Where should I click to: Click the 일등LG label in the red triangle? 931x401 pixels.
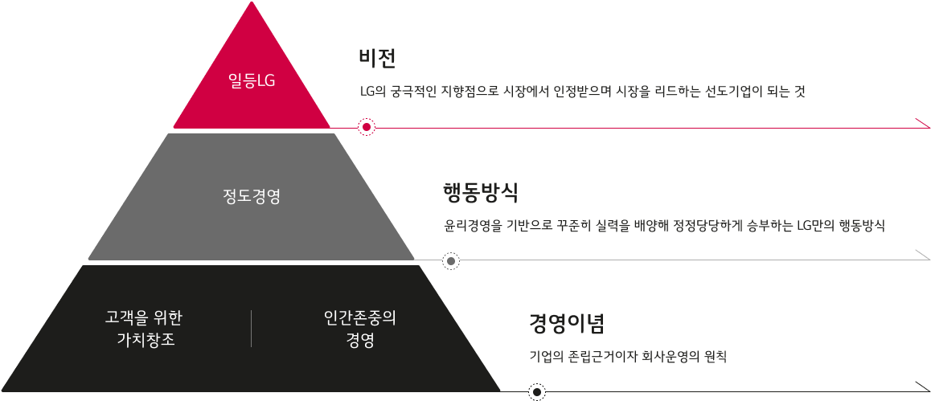click(x=252, y=81)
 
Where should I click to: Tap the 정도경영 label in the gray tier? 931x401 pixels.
click(x=252, y=197)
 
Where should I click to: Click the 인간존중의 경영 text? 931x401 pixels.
click(x=359, y=328)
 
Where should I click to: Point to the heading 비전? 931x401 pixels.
click(x=378, y=58)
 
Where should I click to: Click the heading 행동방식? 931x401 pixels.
click(x=480, y=193)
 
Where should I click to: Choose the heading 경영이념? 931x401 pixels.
click(x=566, y=324)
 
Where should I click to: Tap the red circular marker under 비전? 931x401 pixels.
click(x=367, y=127)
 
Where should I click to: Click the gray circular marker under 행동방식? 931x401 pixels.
click(x=452, y=260)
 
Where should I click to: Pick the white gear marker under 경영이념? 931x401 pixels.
click(x=537, y=392)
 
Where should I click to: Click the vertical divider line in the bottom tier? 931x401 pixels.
click(x=252, y=328)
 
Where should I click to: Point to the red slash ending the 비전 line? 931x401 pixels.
click(x=922, y=123)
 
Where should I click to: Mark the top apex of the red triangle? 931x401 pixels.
click(x=252, y=3)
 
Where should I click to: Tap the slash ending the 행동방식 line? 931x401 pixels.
click(x=922, y=256)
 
